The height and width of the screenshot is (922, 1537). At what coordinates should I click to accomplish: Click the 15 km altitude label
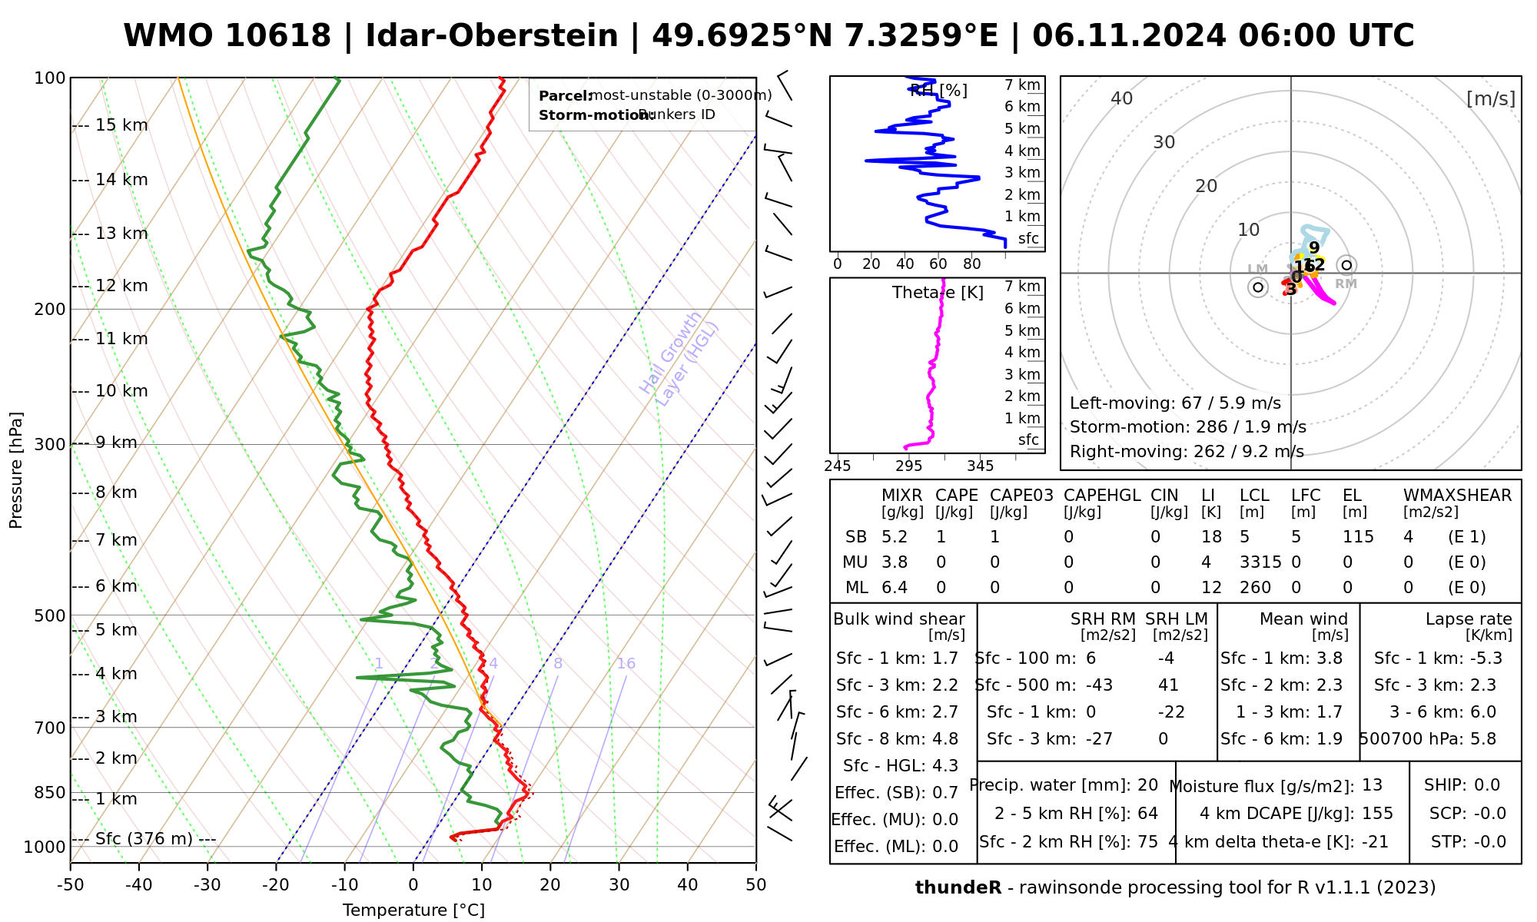121,125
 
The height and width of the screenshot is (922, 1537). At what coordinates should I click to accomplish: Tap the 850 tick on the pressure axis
50,792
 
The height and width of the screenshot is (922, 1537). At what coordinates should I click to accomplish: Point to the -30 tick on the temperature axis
207,885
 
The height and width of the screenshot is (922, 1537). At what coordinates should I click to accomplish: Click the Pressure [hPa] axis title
16,470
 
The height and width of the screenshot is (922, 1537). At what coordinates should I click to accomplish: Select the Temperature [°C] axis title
413,910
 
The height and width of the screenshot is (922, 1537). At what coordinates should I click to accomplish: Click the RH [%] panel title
938,91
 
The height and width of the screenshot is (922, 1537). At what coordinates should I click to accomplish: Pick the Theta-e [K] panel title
938,293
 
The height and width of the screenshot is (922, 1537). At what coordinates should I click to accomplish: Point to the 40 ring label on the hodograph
1122,98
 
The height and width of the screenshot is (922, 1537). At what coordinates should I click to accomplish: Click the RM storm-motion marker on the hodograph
1346,265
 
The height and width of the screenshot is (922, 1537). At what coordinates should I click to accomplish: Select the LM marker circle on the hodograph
1258,287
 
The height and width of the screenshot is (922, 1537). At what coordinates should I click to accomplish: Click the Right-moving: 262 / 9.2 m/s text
1187,451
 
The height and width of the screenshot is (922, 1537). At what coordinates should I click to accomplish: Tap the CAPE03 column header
1021,496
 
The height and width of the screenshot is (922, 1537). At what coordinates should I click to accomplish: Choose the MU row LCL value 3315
1260,562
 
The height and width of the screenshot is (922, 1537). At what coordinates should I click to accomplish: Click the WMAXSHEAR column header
1457,496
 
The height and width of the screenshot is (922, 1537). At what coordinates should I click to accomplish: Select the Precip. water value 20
1147,785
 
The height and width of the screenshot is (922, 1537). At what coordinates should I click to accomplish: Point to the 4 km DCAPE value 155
1377,814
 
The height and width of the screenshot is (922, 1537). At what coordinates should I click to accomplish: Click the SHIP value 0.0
1486,785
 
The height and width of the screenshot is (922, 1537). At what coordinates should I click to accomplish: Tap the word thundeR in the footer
958,888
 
